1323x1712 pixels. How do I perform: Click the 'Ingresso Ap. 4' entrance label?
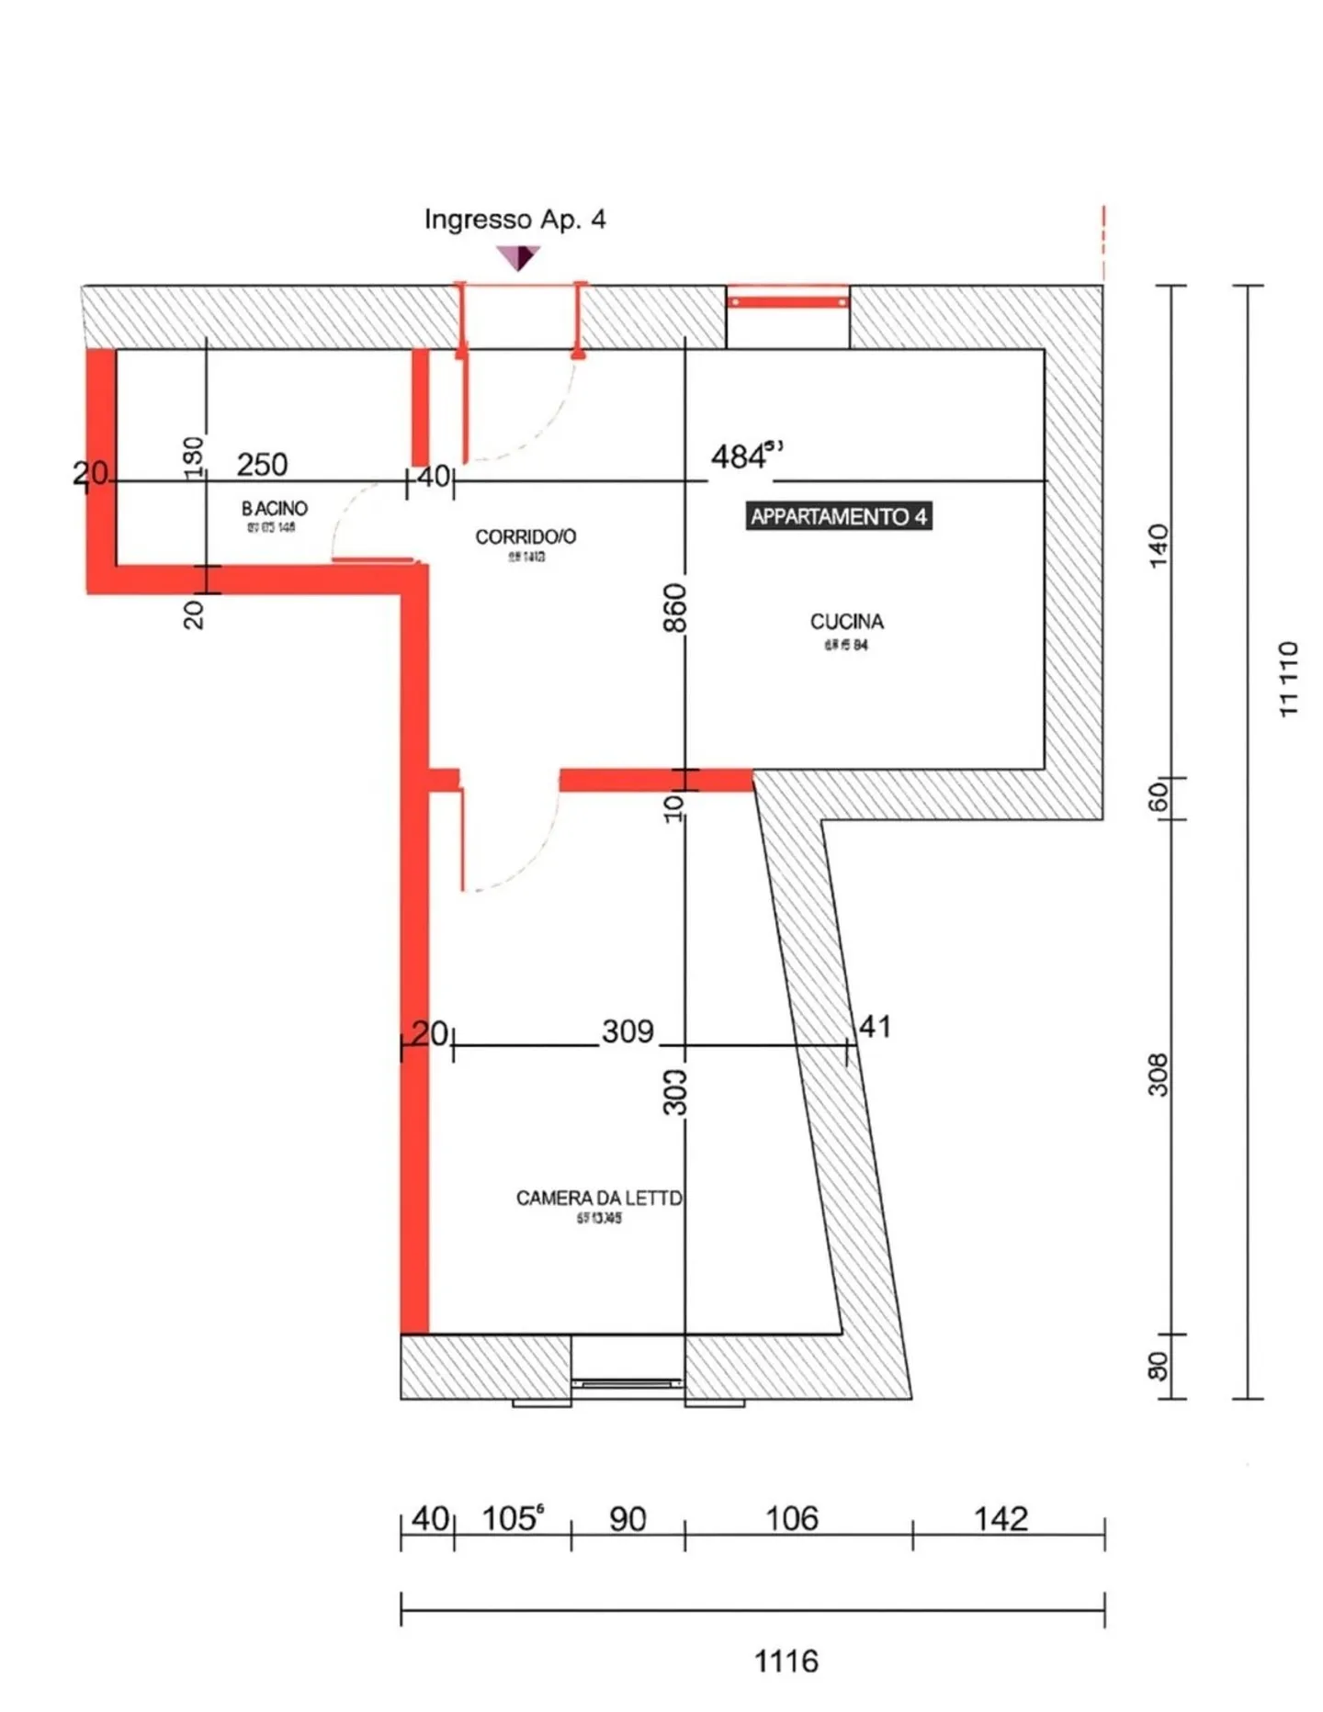514,220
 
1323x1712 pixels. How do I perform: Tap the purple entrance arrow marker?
518,256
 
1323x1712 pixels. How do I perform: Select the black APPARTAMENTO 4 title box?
838,516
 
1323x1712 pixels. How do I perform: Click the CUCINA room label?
846,622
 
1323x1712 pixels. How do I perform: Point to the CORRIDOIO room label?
526,536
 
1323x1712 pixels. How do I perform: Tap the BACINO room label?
274,508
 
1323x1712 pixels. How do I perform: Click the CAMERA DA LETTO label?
599,1198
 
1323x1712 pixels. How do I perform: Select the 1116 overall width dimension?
786,1661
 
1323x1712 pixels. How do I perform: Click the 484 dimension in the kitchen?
740,456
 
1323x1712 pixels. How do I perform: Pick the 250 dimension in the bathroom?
262,465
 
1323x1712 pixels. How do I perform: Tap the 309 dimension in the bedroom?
628,1031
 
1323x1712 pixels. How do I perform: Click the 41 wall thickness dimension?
874,1026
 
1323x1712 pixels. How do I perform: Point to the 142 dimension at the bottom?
1001,1518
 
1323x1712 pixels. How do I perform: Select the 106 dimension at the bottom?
791,1518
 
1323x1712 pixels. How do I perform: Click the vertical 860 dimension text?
674,607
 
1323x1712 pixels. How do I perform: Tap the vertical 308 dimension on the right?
1159,1075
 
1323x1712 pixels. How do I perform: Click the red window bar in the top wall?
787,301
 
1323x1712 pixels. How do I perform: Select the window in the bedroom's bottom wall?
628,1381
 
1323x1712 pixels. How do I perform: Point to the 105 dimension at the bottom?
511,1518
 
